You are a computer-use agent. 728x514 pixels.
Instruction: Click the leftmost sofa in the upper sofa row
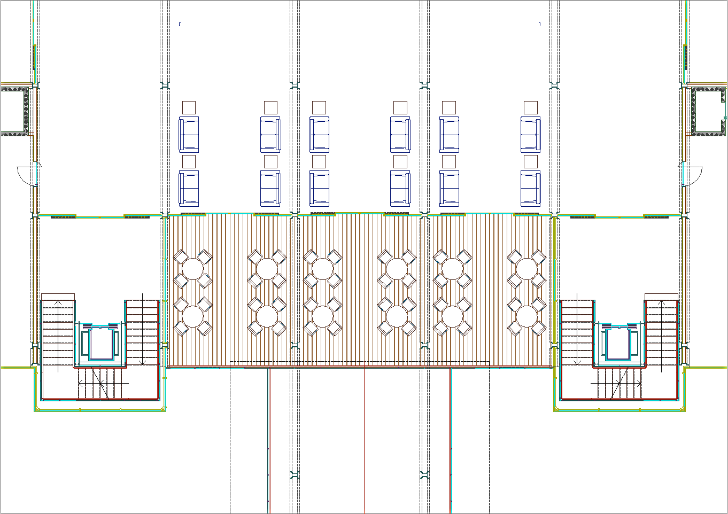pyautogui.click(x=189, y=135)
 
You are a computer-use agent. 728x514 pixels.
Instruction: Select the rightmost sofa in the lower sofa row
pyautogui.click(x=531, y=188)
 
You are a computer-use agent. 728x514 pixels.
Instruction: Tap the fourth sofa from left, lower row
pyautogui.click(x=400, y=188)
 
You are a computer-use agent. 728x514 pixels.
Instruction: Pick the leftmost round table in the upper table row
pyautogui.click(x=193, y=269)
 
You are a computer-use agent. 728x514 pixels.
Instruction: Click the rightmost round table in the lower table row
pyautogui.click(x=526, y=316)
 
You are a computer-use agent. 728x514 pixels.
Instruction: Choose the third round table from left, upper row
pyautogui.click(x=322, y=269)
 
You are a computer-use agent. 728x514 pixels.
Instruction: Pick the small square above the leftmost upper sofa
pyautogui.click(x=189, y=107)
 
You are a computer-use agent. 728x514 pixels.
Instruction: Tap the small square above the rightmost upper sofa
pyautogui.click(x=531, y=107)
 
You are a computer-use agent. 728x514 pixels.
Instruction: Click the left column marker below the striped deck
pyautogui.click(x=295, y=474)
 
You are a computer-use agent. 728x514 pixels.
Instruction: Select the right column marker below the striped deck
pyautogui.click(x=425, y=474)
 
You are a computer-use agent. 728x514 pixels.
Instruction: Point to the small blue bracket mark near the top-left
pyautogui.click(x=180, y=24)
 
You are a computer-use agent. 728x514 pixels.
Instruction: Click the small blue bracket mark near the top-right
pyautogui.click(x=540, y=24)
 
